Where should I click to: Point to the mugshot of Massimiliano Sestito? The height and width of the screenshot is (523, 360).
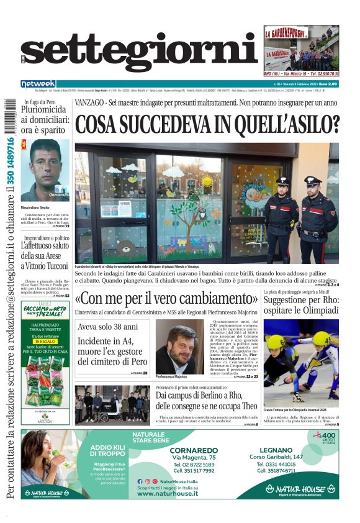pos(45,170)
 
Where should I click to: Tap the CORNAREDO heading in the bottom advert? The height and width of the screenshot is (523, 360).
pos(194,449)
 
